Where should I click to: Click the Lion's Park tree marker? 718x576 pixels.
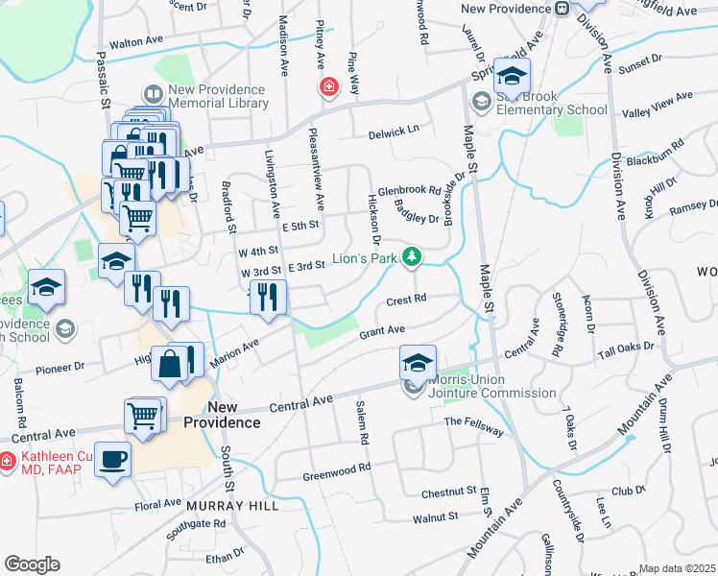tap(412, 257)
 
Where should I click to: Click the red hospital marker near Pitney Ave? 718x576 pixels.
tap(329, 87)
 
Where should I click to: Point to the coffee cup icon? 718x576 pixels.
tap(112, 460)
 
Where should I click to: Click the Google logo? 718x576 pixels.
tap(32, 564)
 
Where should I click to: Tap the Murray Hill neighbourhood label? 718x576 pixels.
tap(232, 505)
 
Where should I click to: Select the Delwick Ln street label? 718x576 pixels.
tap(395, 132)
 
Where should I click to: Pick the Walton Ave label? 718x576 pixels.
tap(138, 42)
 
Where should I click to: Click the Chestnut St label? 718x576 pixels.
tap(449, 492)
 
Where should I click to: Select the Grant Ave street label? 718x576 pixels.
tap(381, 332)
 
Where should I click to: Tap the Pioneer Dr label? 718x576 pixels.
tap(61, 366)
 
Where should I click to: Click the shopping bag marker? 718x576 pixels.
tap(169, 364)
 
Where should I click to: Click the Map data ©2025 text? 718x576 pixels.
tap(678, 568)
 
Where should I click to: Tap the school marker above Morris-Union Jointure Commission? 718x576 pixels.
tap(418, 363)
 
